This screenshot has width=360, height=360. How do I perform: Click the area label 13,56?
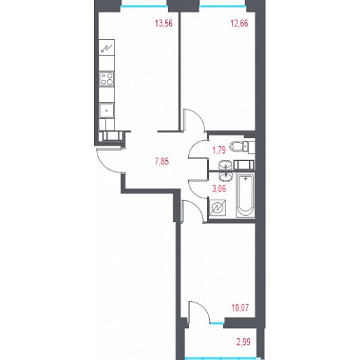(x=164, y=24)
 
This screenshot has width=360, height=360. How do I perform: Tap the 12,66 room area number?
(x=240, y=24)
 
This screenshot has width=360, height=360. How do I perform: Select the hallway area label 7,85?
(x=162, y=162)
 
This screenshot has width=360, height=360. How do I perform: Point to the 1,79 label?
(x=219, y=150)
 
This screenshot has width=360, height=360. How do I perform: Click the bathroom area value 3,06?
(x=219, y=189)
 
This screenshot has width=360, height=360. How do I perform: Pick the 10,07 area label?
(x=240, y=308)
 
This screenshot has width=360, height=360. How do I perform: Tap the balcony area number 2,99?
(x=244, y=342)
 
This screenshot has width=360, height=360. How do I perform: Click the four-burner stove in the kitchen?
(x=107, y=78)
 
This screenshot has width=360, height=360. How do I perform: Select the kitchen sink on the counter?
(x=106, y=111)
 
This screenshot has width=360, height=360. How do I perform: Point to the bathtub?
(x=246, y=196)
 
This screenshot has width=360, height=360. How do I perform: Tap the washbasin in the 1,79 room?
(x=226, y=165)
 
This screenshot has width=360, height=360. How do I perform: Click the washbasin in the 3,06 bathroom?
(x=226, y=177)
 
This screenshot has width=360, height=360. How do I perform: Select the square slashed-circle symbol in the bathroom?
(x=217, y=208)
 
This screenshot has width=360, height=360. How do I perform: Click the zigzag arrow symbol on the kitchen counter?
(x=107, y=48)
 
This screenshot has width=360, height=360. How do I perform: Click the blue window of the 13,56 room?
(x=144, y=6)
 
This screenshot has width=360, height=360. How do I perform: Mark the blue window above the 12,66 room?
(x=222, y=6)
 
